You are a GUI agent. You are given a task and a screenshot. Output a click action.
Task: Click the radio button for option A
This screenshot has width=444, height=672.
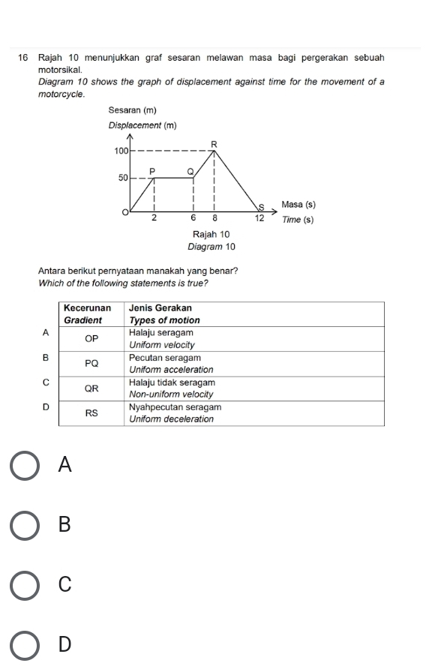tap(25, 464)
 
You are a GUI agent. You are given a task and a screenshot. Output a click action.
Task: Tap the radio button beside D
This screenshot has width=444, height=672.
tap(25, 643)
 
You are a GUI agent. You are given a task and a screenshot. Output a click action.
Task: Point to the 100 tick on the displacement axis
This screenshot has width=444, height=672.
tap(119, 151)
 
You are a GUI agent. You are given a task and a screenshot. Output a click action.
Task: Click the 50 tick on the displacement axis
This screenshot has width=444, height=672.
tap(121, 178)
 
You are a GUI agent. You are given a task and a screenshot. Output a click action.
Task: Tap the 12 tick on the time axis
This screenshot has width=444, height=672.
tap(259, 218)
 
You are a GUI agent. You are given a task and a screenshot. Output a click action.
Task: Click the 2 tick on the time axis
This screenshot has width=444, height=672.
tap(154, 218)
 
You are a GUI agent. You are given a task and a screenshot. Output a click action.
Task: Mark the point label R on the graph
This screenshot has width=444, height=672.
tap(214, 142)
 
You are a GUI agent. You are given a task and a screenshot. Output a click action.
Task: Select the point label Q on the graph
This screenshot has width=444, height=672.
tap(190, 172)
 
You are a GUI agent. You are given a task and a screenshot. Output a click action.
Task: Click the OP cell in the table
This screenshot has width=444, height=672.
tap(91, 338)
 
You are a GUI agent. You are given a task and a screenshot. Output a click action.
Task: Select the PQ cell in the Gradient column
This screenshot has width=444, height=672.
tap(91, 364)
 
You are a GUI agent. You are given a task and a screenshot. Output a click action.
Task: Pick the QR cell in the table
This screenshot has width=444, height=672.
tap(91, 388)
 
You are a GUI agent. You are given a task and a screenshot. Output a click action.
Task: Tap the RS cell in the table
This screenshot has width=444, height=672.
tap(91, 412)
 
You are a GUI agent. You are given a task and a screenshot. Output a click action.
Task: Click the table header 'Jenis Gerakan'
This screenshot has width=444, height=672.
tap(160, 308)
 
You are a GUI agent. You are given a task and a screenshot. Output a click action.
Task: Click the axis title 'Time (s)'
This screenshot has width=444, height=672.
tap(298, 220)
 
